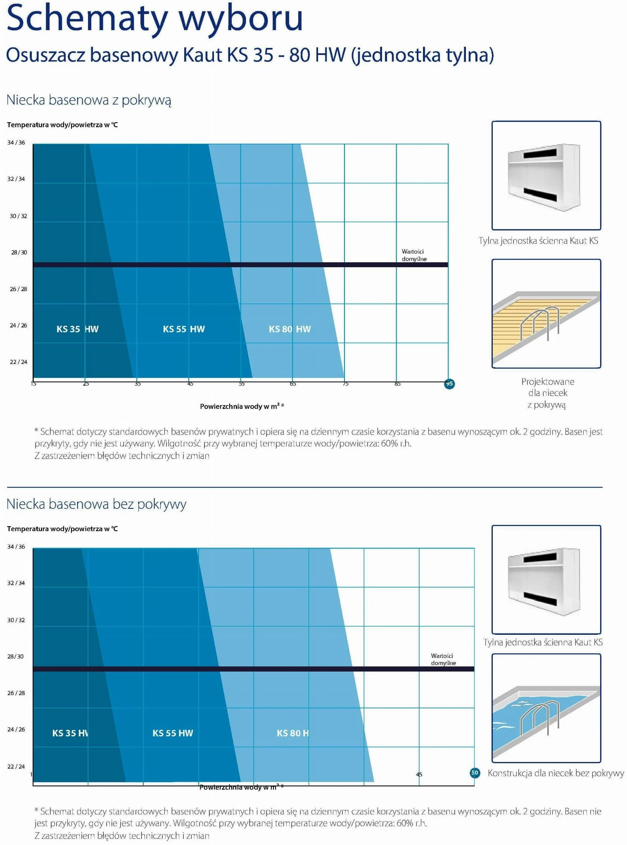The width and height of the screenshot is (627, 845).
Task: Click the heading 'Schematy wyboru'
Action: click(155, 19)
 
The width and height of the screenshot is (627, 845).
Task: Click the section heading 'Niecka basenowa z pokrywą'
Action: click(89, 100)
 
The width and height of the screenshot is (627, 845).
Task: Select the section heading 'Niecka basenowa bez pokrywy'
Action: click(96, 504)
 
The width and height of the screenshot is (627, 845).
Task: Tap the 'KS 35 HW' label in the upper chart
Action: click(77, 329)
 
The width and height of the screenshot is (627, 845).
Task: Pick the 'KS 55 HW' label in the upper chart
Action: click(184, 329)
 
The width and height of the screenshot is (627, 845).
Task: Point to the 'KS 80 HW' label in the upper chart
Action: click(290, 329)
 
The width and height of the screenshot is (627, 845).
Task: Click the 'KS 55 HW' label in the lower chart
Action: click(173, 733)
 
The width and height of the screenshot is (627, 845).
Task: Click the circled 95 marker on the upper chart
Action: click(449, 384)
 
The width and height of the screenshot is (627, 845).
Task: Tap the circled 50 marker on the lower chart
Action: click(475, 773)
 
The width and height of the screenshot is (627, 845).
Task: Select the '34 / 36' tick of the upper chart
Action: click(16, 142)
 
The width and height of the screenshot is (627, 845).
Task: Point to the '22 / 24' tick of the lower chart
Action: click(16, 767)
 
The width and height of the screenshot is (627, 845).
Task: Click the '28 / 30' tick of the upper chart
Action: click(19, 252)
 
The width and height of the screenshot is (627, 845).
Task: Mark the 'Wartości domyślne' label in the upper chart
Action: click(414, 255)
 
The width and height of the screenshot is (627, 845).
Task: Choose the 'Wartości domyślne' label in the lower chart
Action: click(443, 659)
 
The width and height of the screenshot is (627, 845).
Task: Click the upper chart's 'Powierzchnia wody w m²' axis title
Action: click(242, 406)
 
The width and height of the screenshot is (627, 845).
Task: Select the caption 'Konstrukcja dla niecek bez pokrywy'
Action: click(556, 773)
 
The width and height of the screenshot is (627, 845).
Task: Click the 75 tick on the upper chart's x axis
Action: click(346, 384)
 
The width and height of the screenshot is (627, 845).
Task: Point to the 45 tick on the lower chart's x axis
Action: click(419, 774)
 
